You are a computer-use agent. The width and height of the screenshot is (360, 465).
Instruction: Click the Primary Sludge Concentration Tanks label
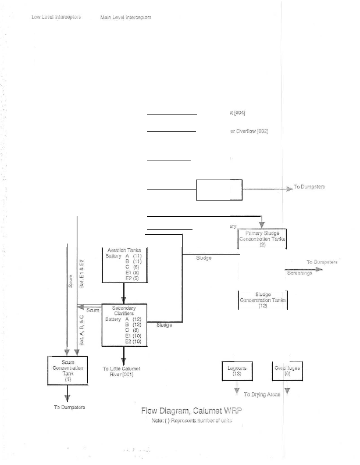point(262,239)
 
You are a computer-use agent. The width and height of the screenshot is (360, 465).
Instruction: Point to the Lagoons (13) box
point(237,371)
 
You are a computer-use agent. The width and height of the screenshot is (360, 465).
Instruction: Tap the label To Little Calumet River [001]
point(122,371)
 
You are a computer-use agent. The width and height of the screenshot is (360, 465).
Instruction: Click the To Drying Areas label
point(262,394)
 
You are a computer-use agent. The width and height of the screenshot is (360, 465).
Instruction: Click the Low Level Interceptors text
point(55,17)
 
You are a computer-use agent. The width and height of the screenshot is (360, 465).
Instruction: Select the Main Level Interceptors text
point(126,17)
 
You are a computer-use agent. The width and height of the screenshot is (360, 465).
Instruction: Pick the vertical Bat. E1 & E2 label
point(82,273)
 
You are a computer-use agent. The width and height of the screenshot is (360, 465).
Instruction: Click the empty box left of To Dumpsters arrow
point(219,190)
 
